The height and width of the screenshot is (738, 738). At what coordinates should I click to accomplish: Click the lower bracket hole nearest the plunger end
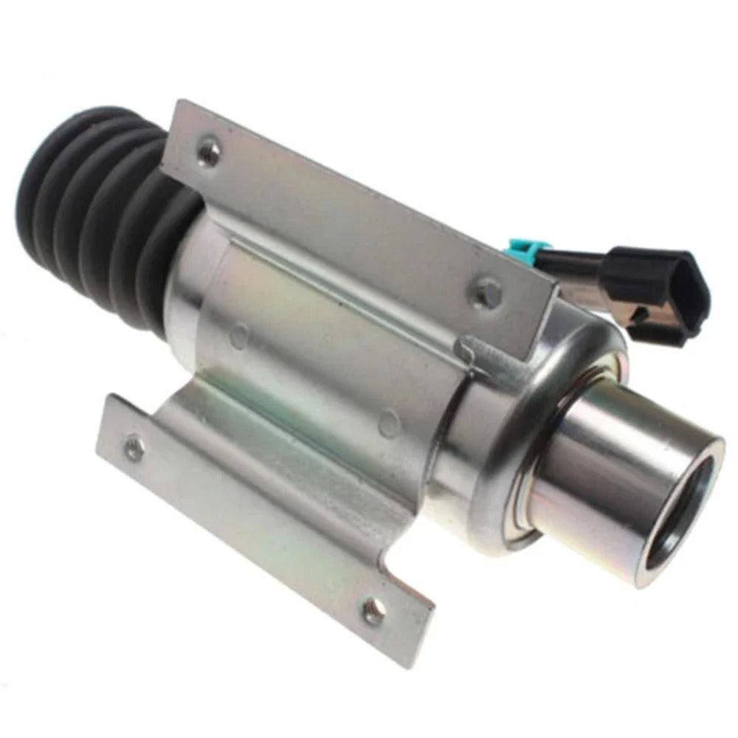coord(374,610)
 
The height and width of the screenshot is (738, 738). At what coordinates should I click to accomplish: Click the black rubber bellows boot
coord(103,199)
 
